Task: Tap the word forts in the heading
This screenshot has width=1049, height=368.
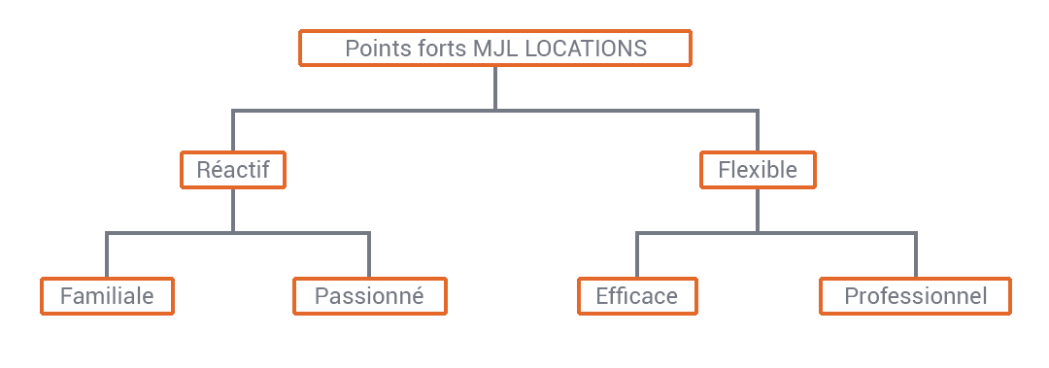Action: pos(433,49)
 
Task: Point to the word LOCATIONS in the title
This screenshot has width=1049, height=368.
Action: pos(586,49)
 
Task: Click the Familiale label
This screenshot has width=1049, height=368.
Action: pos(107,296)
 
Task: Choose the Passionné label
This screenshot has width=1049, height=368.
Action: pos(369,296)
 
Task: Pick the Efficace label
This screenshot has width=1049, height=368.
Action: pos(637,296)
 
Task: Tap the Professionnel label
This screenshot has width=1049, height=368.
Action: pos(916,296)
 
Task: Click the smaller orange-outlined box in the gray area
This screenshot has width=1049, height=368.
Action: pos(233,170)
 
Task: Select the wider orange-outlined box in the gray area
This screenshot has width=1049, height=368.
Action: pos(758,170)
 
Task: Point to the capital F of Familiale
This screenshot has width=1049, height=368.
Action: pos(66,296)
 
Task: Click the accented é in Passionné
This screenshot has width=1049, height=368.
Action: pos(418,296)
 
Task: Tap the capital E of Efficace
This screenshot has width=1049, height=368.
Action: pos(602,296)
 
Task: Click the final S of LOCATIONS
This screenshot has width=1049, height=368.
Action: pos(640,49)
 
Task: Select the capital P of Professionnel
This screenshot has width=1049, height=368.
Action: pos(851,296)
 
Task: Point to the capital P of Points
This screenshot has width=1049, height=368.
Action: pos(352,49)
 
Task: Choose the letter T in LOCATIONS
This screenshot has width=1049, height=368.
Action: pos(587,49)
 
